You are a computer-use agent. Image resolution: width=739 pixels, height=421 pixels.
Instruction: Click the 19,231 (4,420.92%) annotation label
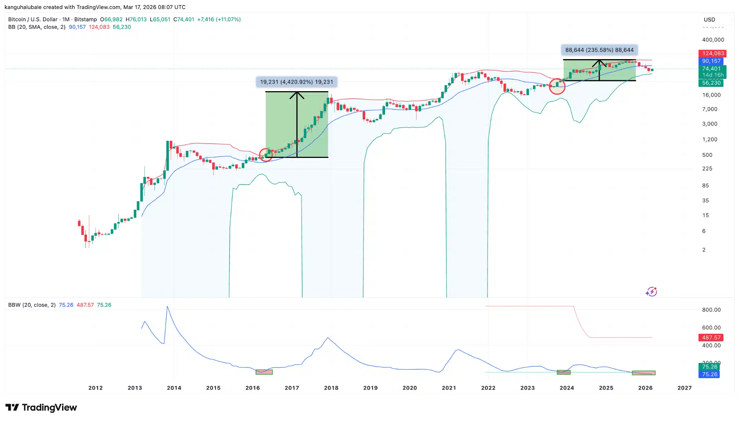(296, 82)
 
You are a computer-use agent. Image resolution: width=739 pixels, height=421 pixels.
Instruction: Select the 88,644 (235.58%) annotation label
(599, 50)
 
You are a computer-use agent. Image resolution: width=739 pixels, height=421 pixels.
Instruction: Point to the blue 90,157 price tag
(711, 61)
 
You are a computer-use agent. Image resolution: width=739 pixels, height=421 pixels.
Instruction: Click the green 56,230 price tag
(711, 83)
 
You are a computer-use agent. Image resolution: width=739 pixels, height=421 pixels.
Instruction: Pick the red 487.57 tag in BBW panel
(711, 337)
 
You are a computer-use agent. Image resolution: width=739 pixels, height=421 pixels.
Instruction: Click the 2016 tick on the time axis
(253, 388)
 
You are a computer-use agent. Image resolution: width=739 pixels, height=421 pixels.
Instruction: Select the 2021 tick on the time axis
(449, 388)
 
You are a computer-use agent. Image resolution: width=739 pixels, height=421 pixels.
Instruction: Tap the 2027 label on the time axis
(685, 388)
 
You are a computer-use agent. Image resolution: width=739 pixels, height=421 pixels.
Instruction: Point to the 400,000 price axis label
(713, 40)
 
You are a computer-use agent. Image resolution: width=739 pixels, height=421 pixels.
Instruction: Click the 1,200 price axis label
(709, 139)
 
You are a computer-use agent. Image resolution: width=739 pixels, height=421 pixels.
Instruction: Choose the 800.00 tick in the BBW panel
(711, 310)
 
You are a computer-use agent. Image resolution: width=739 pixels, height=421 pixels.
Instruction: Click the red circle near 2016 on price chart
(266, 155)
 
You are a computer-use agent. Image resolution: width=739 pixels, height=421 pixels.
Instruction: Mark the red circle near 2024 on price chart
(557, 87)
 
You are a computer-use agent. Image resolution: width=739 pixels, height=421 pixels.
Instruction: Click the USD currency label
(709, 20)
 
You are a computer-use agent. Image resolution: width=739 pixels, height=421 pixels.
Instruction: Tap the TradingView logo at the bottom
(41, 407)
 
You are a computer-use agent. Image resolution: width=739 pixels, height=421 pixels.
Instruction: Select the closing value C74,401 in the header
(184, 19)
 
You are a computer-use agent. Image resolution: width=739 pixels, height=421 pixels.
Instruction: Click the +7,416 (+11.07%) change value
(219, 19)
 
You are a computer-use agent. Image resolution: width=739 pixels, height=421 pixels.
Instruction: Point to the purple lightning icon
(651, 291)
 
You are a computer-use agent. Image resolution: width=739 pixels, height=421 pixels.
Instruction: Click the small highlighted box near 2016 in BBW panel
(264, 372)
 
